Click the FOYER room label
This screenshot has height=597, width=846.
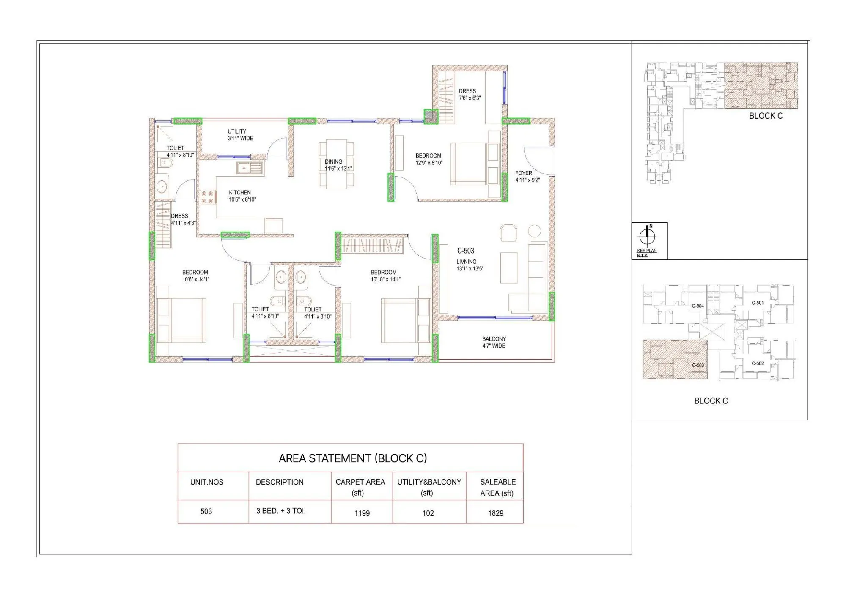[x=523, y=173]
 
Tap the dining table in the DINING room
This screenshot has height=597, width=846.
[x=336, y=164]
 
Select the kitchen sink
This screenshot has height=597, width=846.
[x=250, y=168]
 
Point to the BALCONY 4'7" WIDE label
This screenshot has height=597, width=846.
[x=494, y=342]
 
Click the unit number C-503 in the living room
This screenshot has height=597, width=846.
[x=465, y=251]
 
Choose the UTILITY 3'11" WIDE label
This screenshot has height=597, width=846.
[x=240, y=135]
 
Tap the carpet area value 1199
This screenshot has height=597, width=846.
[x=362, y=513]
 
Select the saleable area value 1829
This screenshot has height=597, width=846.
[x=495, y=513]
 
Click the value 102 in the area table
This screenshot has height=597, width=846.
[x=428, y=513]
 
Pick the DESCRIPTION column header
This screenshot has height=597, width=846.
[x=280, y=482]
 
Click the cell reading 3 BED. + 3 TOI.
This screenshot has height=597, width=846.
[x=280, y=511]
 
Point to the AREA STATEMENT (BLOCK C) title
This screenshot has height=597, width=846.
[x=352, y=458]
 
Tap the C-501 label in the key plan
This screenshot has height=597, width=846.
[x=758, y=303]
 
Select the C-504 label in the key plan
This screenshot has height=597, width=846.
[x=698, y=306]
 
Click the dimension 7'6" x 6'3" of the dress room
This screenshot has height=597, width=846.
[x=470, y=98]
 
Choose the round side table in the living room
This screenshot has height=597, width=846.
[x=535, y=231]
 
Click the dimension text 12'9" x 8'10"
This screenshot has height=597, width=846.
[x=429, y=163]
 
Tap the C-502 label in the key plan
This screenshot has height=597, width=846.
[x=758, y=363]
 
